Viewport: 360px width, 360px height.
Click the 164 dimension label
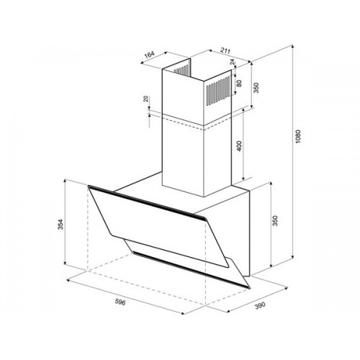(x=149, y=55)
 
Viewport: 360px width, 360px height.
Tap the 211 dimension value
(x=225, y=51)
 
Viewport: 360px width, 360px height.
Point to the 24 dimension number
(x=233, y=62)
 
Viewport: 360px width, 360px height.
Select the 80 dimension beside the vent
(x=239, y=83)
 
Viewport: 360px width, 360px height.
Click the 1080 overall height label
(x=298, y=136)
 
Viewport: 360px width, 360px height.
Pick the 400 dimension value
(x=239, y=145)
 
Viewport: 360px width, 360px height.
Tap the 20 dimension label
(x=145, y=99)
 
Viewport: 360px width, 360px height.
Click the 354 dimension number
(x=60, y=224)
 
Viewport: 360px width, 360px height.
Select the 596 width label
(x=120, y=302)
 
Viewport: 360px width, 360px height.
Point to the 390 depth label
(x=260, y=306)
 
